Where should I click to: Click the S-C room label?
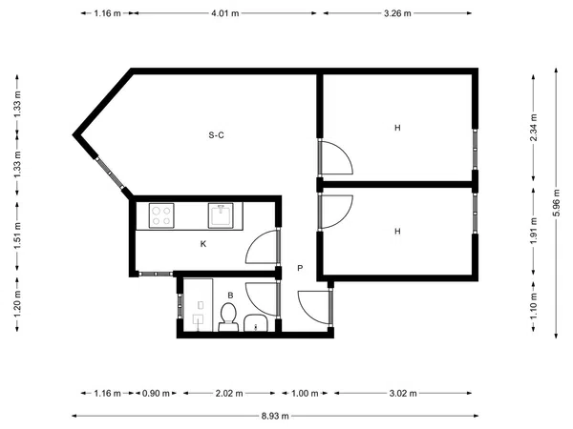(216, 135)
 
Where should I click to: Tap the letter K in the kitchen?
(203, 244)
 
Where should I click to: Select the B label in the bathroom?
(230, 296)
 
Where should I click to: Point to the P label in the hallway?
(300, 268)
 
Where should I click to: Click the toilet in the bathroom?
(228, 317)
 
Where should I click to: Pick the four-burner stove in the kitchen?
(161, 216)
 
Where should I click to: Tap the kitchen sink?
(221, 216)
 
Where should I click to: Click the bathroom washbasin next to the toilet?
(256, 323)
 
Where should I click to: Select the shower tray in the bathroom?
(198, 305)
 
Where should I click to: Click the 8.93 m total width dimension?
(275, 416)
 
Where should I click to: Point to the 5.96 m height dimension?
(556, 203)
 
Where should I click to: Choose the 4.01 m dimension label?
(224, 13)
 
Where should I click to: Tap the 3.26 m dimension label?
(397, 13)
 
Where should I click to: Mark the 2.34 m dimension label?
(534, 128)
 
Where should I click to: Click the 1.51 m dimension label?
(17, 235)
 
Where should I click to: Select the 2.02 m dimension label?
(229, 393)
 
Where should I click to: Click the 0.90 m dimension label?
(156, 393)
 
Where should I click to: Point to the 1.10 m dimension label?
(534, 306)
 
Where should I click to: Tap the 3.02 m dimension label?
(403, 393)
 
